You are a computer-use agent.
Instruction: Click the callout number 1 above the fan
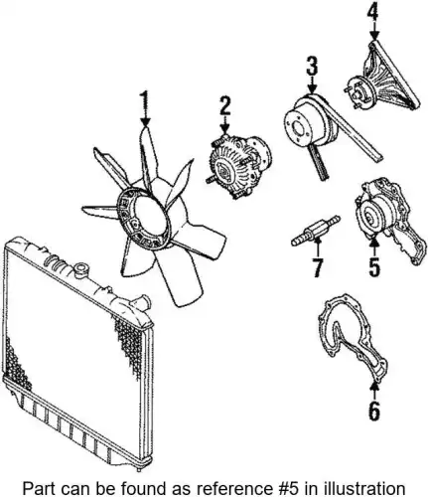(144, 103)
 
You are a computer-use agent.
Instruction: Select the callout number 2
(224, 106)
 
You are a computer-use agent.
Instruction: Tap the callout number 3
(312, 67)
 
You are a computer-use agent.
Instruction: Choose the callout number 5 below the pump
(373, 266)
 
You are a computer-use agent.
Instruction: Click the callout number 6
(374, 411)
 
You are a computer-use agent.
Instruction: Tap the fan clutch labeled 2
(239, 166)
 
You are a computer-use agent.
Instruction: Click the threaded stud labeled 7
(316, 231)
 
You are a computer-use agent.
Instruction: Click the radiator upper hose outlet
(141, 301)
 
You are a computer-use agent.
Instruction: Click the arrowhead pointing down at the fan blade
(145, 122)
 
